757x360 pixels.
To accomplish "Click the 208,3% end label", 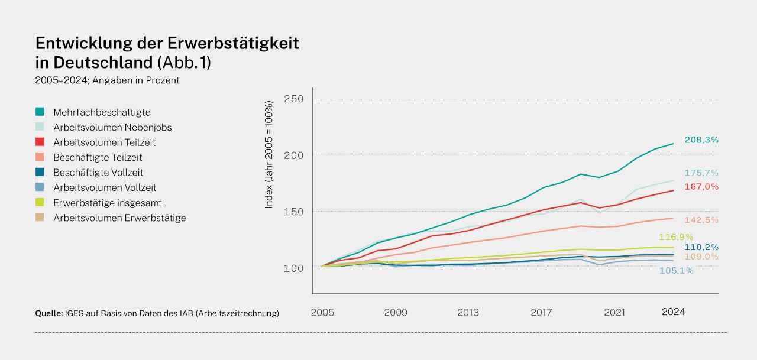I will [x=701, y=140].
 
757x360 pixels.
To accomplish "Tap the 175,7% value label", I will [x=701, y=173].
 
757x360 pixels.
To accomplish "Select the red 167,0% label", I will [x=701, y=187].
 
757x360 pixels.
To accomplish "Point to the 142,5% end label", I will [x=701, y=220].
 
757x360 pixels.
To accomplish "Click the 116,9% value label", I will [x=676, y=237].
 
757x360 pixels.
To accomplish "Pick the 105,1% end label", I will [x=676, y=271].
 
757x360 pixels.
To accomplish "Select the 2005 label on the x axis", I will [x=323, y=312].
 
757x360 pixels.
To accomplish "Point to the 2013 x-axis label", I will [x=468, y=312].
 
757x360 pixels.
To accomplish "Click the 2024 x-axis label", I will [x=673, y=312].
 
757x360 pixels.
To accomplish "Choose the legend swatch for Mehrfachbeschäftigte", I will [x=40, y=112].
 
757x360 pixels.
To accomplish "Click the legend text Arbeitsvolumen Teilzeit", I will [x=104, y=142].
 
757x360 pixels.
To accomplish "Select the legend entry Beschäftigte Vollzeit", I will [x=98, y=173].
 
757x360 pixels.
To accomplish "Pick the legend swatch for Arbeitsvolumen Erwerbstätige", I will [x=40, y=218].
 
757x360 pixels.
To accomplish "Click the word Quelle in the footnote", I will [x=48, y=313].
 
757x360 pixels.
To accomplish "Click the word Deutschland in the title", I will [x=103, y=62].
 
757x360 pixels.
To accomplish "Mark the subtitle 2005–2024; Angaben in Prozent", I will [x=107, y=80].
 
